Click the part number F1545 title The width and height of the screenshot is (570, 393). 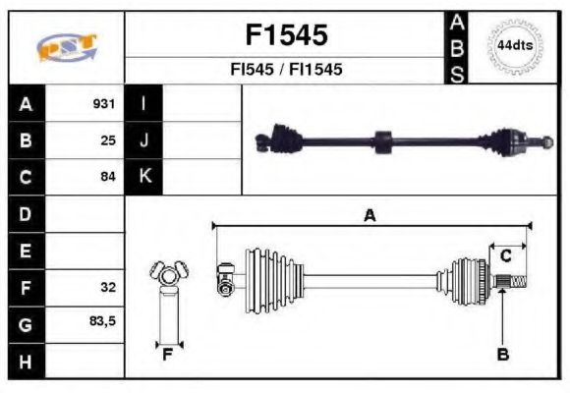click(285, 36)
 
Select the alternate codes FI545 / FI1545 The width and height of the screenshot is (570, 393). click(285, 71)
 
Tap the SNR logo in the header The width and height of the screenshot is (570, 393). click(66, 47)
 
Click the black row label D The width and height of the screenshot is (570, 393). click(26, 213)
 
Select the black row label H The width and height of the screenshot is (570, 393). click(26, 361)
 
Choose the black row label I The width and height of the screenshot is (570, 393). click(143, 103)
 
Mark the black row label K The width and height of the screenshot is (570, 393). click(143, 177)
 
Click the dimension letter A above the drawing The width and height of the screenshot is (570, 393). click(370, 215)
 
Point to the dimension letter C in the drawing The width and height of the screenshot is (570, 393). click(505, 255)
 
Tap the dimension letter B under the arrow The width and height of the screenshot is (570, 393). click(502, 355)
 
